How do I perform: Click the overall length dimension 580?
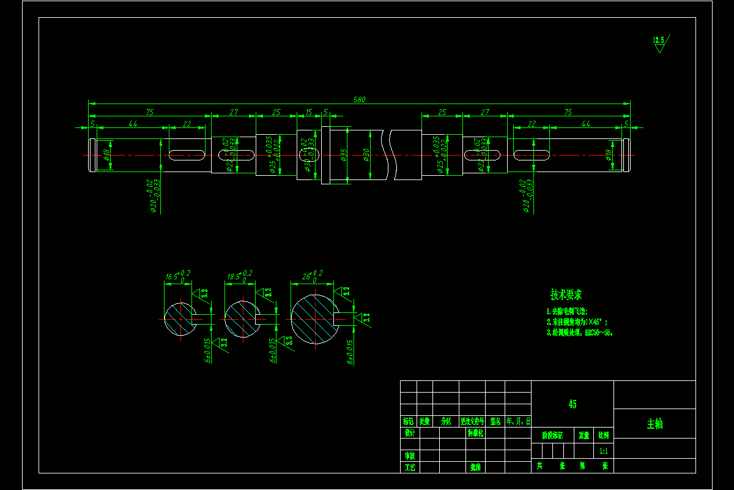click(359, 99)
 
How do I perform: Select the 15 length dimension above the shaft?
click(308, 112)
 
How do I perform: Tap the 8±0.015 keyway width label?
click(349, 352)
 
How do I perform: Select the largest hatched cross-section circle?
click(314, 318)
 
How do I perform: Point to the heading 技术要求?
click(566, 295)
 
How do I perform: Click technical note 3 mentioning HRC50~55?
click(579, 333)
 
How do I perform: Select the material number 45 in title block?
click(572, 404)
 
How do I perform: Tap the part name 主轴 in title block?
click(654, 424)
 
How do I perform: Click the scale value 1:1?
click(604, 451)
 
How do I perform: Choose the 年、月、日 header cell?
click(518, 421)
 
